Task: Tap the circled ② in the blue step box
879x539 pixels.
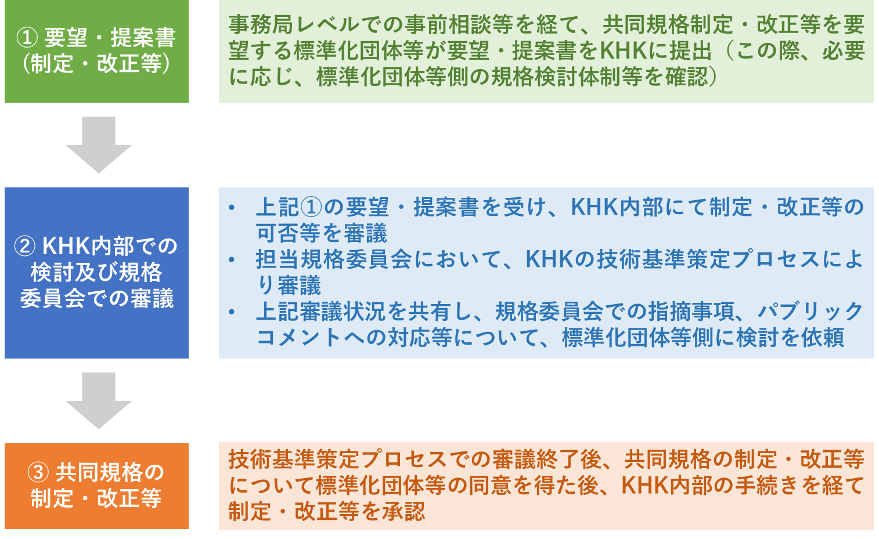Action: pos(25,247)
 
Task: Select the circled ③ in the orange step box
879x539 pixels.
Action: pos(38,472)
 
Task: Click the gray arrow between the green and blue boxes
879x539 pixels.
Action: pos(99,144)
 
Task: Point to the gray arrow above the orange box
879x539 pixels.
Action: pos(99,400)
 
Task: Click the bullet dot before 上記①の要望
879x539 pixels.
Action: pos(232,207)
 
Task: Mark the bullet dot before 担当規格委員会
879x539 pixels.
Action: pos(232,259)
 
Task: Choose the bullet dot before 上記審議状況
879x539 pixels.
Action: pos(232,312)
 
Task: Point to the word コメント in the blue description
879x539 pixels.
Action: pos(298,337)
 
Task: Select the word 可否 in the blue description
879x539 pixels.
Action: pos(278,233)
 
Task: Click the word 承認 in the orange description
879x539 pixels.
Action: pos(404,512)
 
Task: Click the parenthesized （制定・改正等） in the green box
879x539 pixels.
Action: pos(96,64)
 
